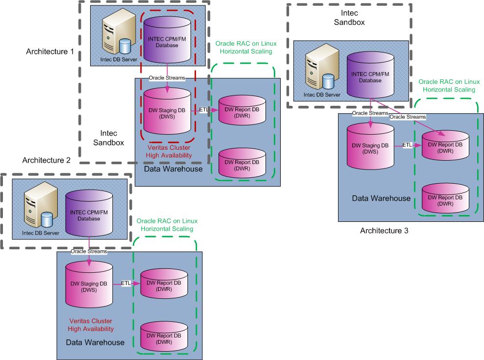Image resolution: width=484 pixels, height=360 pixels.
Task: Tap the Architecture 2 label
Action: point(47,160)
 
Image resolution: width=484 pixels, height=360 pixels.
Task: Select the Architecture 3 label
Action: point(384,230)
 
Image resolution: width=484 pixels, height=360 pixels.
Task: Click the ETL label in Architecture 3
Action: point(408,145)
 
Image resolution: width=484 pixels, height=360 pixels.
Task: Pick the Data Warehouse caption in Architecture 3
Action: point(381,198)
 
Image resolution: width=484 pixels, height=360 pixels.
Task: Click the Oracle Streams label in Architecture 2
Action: point(89,252)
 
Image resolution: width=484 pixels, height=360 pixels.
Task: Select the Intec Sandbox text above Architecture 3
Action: point(349,17)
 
